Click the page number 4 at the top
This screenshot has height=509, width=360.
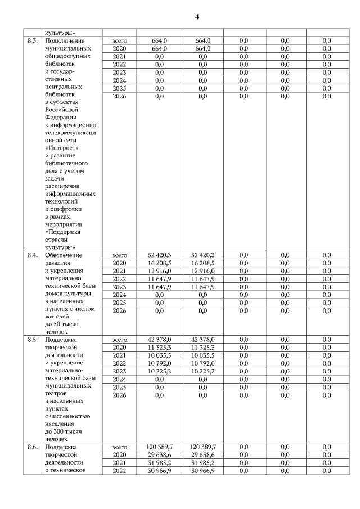pyautogui.click(x=197, y=16)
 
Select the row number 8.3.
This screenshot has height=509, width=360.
pyautogui.click(x=33, y=41)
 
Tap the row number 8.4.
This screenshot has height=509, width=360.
pyautogui.click(x=33, y=255)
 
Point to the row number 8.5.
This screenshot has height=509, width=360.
pyautogui.click(x=33, y=340)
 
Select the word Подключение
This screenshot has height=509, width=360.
pyautogui.click(x=64, y=41)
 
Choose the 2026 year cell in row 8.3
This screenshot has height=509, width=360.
pyautogui.click(x=119, y=97)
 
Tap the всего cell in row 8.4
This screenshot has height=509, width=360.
pyautogui.click(x=119, y=255)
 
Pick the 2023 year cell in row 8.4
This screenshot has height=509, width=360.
pyautogui.click(x=119, y=286)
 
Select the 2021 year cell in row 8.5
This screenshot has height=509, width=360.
pyautogui.click(x=119, y=355)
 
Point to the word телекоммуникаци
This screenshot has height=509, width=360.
pyautogui.click(x=69, y=132)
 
